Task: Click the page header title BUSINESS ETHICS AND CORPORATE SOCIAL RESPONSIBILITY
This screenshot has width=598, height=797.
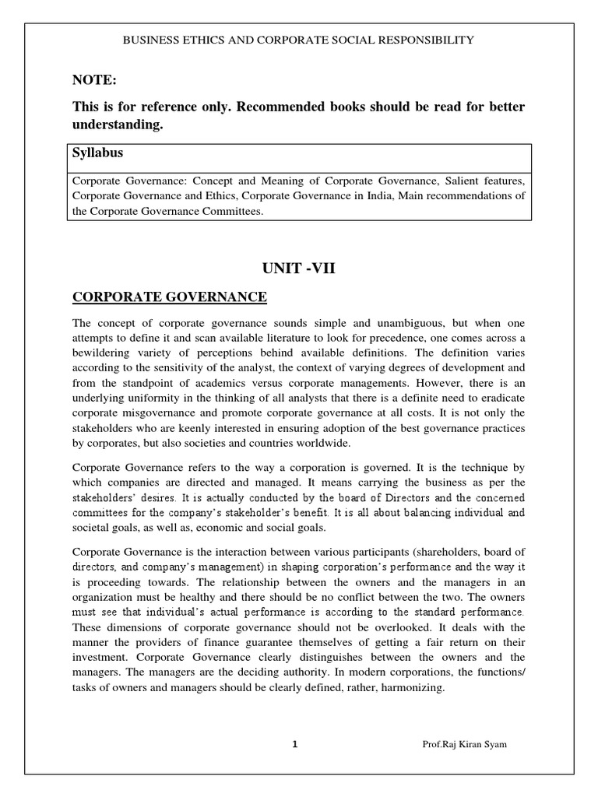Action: [298, 40]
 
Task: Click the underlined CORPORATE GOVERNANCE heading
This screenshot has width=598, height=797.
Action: [169, 297]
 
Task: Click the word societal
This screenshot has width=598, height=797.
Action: [92, 528]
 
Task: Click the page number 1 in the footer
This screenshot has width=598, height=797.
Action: [295, 745]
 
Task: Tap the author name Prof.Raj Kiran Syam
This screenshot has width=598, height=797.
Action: [465, 746]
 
